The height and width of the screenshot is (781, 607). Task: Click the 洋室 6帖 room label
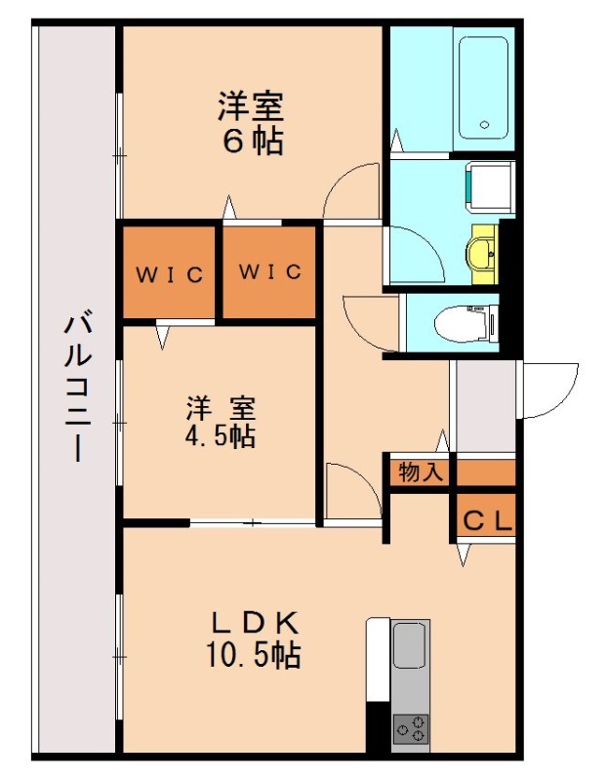click(251, 123)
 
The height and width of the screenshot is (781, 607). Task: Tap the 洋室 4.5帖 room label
click(221, 422)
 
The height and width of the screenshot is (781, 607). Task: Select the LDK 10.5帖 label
click(252, 639)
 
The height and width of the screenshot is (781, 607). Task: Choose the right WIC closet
click(270, 272)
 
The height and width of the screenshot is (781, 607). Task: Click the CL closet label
click(486, 520)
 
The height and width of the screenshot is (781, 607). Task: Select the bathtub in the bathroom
click(483, 88)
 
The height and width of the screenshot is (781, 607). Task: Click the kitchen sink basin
click(409, 645)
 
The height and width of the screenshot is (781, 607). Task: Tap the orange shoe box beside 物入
click(485, 472)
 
